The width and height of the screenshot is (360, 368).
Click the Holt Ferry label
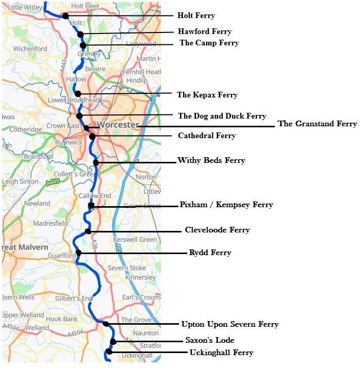pyautogui.click(x=196, y=16)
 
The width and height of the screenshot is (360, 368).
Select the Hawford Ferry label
pyautogui.click(x=205, y=31)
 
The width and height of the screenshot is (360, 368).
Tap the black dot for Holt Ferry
pyautogui.click(x=66, y=16)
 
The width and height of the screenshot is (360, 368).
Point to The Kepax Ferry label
pyautogui.click(x=207, y=95)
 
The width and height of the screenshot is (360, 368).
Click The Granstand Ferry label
pyautogui.click(x=317, y=124)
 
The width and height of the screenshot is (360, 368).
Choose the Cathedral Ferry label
pyautogui.click(x=207, y=136)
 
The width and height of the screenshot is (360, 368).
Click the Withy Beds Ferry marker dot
pyautogui.click(x=96, y=163)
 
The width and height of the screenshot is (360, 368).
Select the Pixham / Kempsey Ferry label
pyautogui.click(x=226, y=205)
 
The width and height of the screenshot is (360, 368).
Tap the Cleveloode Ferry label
pyautogui.click(x=217, y=230)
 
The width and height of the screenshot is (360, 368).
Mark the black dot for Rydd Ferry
pyautogui.click(x=78, y=253)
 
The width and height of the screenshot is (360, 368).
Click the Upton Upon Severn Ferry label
pyautogui.click(x=230, y=324)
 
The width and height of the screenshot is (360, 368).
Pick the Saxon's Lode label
pyautogui.click(x=210, y=340)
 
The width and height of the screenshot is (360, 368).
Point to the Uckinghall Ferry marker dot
pyautogui.click(x=109, y=352)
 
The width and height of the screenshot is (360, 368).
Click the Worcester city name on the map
pyautogui.click(x=118, y=125)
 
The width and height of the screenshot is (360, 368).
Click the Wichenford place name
pyautogui.click(x=30, y=49)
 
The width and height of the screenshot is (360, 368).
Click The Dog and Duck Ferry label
pyautogui.click(x=222, y=116)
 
